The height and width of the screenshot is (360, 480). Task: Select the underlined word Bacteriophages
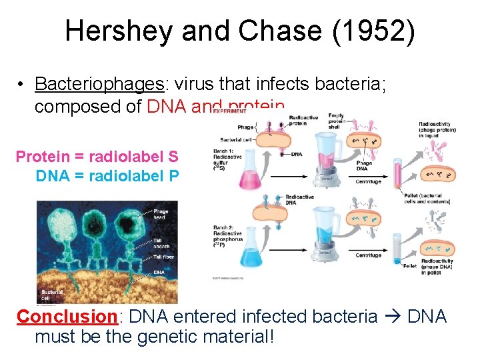99,84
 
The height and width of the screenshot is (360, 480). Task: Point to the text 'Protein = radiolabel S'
97,157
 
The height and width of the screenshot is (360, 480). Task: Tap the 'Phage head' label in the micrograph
161,214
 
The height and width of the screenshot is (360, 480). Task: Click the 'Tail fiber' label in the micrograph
163,257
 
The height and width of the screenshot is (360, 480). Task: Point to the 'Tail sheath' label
161,243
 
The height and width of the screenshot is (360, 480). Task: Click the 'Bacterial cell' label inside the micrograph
52,294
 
